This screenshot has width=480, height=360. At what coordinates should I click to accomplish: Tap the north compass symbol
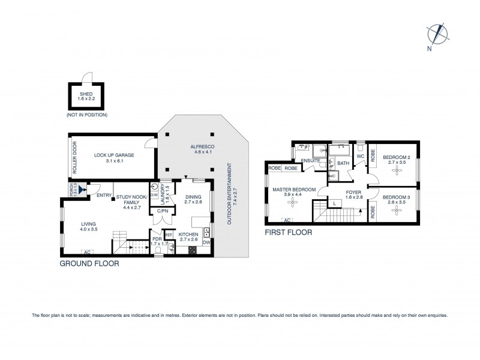coord(438,33)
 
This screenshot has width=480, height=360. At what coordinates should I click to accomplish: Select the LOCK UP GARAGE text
coord(114,154)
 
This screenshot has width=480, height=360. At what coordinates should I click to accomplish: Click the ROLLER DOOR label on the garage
coord(75,158)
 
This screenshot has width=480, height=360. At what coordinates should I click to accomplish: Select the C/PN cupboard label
coord(162,211)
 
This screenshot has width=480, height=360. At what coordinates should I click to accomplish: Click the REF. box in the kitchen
coord(169,235)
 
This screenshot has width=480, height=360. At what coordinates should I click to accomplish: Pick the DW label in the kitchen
coord(206,242)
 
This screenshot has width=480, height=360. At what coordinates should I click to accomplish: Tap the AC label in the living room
coord(88,251)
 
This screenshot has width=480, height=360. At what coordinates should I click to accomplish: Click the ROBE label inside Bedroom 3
coord(373,211)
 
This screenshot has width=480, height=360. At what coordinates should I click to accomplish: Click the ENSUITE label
coord(310,161)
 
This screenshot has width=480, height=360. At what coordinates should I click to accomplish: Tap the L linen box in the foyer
coord(334,204)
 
